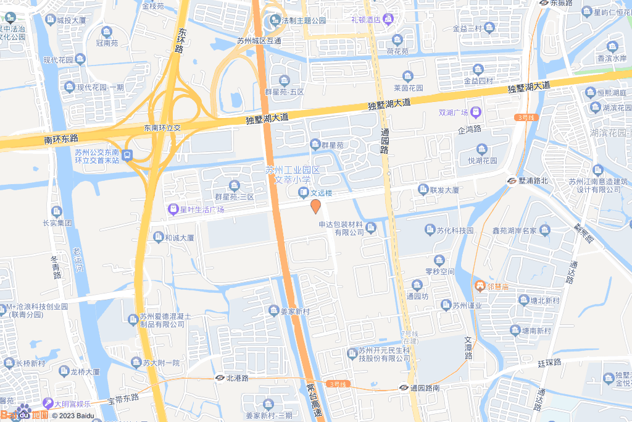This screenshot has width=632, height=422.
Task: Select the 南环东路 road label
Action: (61, 140)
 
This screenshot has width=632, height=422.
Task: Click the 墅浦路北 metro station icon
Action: (512, 181)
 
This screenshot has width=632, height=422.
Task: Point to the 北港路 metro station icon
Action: (220, 378)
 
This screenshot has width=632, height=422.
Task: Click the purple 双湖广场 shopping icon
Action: (475, 112)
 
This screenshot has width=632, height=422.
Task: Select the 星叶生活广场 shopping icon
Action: (173, 209)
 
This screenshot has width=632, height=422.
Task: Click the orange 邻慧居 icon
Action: (480, 285)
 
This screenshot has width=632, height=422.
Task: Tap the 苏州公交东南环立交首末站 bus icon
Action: (127, 154)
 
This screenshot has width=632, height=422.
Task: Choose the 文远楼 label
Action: (321, 193)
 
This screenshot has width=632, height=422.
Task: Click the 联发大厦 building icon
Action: (423, 189)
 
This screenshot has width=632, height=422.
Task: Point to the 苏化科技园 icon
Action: (430, 230)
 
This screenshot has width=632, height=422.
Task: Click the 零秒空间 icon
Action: (439, 260)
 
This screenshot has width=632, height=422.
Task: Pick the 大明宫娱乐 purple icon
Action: (48, 403)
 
